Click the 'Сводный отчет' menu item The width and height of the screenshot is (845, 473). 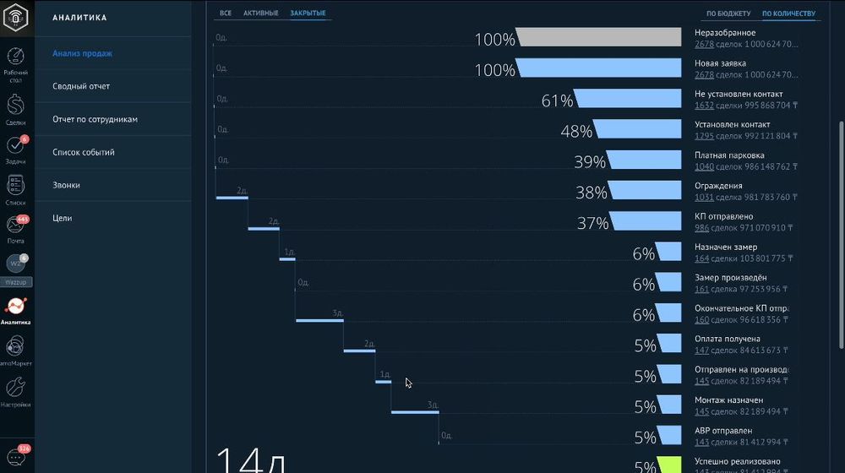81,86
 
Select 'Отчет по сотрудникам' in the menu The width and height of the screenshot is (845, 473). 95,119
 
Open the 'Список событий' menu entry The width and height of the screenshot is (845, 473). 83,152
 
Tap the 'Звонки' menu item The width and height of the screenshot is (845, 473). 67,185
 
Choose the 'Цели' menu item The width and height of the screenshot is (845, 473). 63,218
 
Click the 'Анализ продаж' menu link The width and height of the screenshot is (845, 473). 82,53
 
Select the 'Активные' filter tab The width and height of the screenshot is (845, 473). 260,14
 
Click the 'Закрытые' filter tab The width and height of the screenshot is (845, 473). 308,14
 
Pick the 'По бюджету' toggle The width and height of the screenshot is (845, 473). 728,14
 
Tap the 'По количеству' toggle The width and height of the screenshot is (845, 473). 788,14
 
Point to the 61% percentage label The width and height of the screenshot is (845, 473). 557,101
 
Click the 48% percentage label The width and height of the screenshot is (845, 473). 576,132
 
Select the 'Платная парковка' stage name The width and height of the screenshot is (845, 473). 728,155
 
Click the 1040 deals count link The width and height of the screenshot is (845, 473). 703,166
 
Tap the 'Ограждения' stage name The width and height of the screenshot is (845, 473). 718,186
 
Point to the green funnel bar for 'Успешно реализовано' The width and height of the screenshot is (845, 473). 669,465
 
